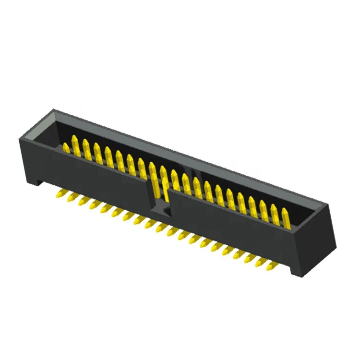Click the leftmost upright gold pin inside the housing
point(65,147)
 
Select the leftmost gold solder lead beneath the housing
point(60,193)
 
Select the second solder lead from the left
point(72,197)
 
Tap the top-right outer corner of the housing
point(331,203)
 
